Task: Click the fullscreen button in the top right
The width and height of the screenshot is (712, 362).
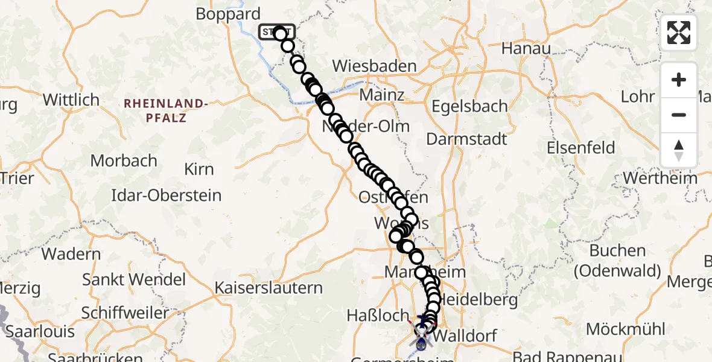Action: coord(679,33)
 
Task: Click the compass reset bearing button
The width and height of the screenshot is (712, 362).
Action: coord(679,150)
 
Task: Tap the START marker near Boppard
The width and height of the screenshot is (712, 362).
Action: coord(277,32)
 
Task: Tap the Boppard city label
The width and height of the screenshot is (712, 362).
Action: coord(228,14)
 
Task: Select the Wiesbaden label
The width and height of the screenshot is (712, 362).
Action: coord(374,66)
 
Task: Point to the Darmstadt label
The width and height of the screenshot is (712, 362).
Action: coord(466,139)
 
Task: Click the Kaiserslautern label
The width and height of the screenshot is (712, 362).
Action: coord(269,288)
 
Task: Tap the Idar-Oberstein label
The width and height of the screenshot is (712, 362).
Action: coord(167,195)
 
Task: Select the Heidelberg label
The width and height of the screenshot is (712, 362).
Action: coord(471,299)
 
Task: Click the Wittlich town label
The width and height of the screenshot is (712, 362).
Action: coord(71,100)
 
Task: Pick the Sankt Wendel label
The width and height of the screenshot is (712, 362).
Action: coord(134,280)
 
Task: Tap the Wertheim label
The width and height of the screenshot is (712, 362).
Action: coord(660,178)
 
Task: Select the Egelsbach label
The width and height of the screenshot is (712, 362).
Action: coord(469,106)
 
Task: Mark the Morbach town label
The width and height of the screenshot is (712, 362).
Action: coord(124,161)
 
